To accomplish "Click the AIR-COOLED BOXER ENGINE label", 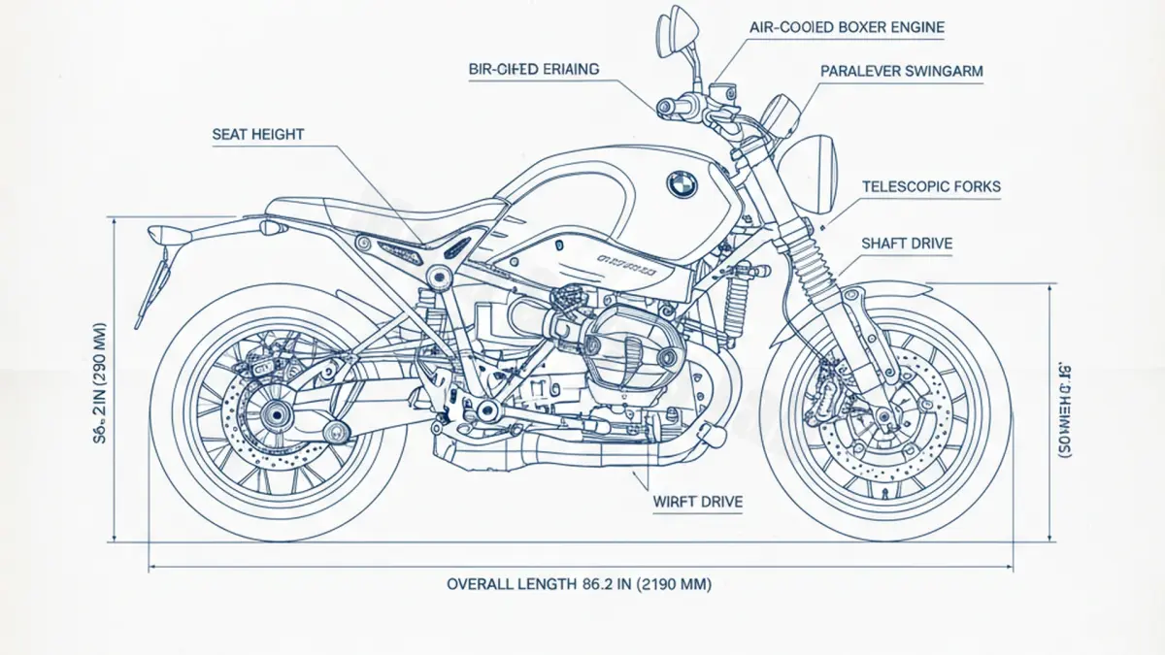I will (x=847, y=27).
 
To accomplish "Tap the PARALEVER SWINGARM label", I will (x=902, y=71).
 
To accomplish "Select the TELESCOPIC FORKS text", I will (x=931, y=186).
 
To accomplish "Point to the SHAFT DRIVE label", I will (x=907, y=244).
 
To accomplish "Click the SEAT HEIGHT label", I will (x=257, y=135).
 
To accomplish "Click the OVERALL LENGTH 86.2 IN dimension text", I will (x=579, y=584).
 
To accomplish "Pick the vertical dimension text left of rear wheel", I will (x=101, y=377).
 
